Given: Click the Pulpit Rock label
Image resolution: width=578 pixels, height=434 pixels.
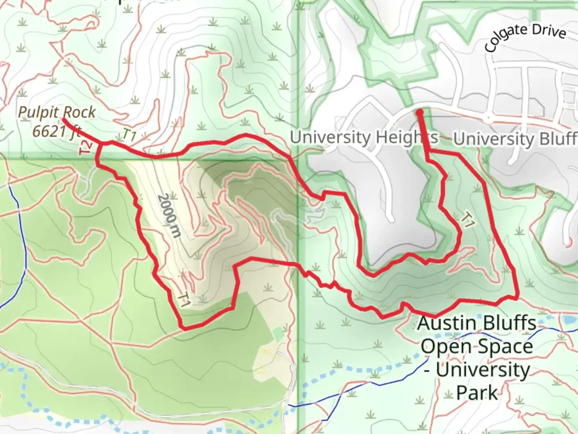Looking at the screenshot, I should point(57,112).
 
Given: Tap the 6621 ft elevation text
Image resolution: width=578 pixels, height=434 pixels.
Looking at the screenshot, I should point(56,131).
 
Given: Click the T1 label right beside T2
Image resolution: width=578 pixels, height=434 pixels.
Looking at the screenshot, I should point(129,135).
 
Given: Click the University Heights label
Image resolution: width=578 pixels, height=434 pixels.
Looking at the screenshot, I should point(363,137).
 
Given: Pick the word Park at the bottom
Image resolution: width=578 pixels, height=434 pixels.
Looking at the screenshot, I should point(476,393).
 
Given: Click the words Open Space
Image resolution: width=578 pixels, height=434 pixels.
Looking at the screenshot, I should point(477,346).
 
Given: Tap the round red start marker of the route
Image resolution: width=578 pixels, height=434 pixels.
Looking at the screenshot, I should point(419,112).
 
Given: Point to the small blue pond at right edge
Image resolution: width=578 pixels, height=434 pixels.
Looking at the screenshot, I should point(568,320).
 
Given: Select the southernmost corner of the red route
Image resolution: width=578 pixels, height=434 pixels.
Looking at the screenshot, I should point(184,328).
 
